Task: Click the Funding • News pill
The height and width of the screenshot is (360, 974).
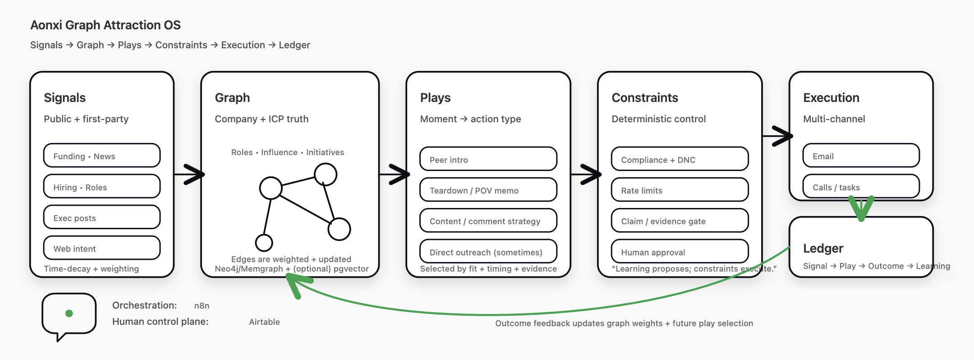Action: click(x=101, y=156)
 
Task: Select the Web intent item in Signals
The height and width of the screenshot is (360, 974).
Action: click(x=101, y=249)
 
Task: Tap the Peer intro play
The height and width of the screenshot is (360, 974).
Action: click(x=488, y=160)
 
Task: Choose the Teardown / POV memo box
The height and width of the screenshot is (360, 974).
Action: click(x=488, y=190)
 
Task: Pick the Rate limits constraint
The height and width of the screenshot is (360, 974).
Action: click(x=680, y=190)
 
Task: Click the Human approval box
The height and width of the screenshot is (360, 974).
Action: click(x=680, y=252)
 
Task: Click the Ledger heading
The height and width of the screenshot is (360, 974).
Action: click(x=823, y=248)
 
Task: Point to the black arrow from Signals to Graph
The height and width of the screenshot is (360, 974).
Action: click(x=189, y=174)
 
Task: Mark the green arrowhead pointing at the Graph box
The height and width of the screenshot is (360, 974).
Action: click(x=295, y=284)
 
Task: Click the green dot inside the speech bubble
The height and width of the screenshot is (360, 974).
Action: click(x=69, y=313)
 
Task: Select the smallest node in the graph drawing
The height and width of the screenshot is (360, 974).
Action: click(x=264, y=243)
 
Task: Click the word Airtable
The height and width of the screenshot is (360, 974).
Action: click(x=264, y=322)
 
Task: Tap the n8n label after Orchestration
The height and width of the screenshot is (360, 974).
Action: click(x=202, y=306)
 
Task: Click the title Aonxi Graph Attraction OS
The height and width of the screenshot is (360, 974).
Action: click(x=105, y=25)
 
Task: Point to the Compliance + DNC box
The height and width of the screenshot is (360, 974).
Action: click(x=680, y=160)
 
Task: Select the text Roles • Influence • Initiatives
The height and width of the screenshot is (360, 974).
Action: click(x=287, y=152)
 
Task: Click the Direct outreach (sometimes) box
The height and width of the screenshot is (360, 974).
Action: click(x=488, y=252)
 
